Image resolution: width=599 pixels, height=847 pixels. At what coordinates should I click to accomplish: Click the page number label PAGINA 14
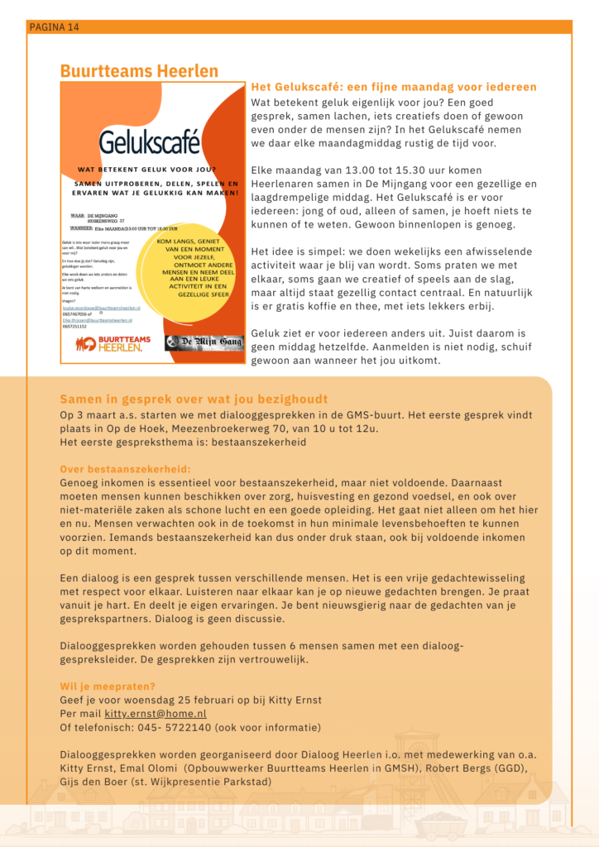point(54,27)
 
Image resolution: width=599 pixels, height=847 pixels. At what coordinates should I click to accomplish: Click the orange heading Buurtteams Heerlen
point(139,71)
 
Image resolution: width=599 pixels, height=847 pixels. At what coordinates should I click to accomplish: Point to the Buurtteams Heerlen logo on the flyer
point(109,342)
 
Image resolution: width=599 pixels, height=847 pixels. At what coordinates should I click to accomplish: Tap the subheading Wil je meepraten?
point(108,686)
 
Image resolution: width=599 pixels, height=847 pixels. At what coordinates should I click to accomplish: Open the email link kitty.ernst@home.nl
point(156,713)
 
